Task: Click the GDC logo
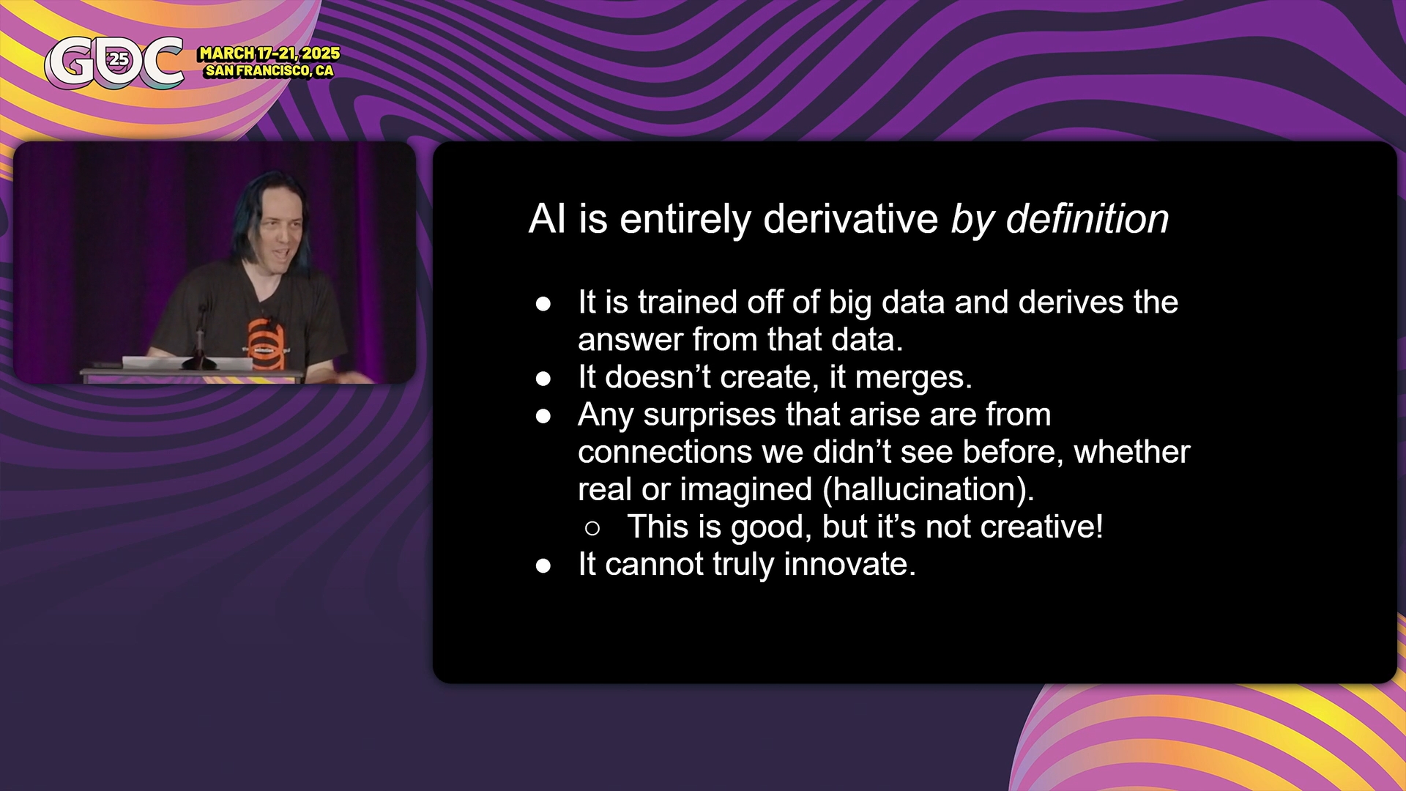pyautogui.click(x=114, y=62)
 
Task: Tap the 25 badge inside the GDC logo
pyautogui.click(x=118, y=59)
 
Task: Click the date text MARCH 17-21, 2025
pyautogui.click(x=269, y=53)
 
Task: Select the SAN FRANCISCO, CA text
pyautogui.click(x=269, y=71)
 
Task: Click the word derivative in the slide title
pyautogui.click(x=850, y=218)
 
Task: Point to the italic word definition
pyautogui.click(x=1087, y=218)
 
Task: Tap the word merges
pyautogui.click(x=913, y=377)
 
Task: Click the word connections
pyautogui.click(x=665, y=452)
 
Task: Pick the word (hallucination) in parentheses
pyautogui.click(x=929, y=489)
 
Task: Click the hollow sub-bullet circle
pyautogui.click(x=592, y=528)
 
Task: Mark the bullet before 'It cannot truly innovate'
pyautogui.click(x=543, y=565)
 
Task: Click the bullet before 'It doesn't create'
pyautogui.click(x=543, y=379)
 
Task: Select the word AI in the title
pyautogui.click(x=547, y=218)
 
